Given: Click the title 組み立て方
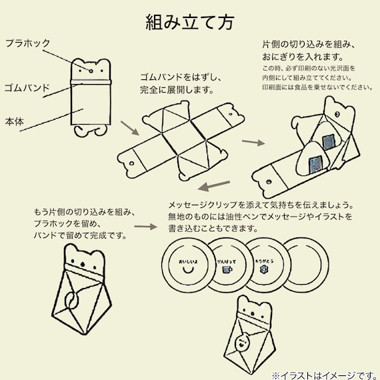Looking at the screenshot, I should tap(190, 23).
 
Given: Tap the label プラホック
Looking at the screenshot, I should tap(27, 43).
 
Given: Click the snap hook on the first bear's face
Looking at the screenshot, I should tap(91, 68).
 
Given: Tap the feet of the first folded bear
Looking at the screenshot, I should tap(91, 131).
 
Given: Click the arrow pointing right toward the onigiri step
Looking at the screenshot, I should tap(251, 143).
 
